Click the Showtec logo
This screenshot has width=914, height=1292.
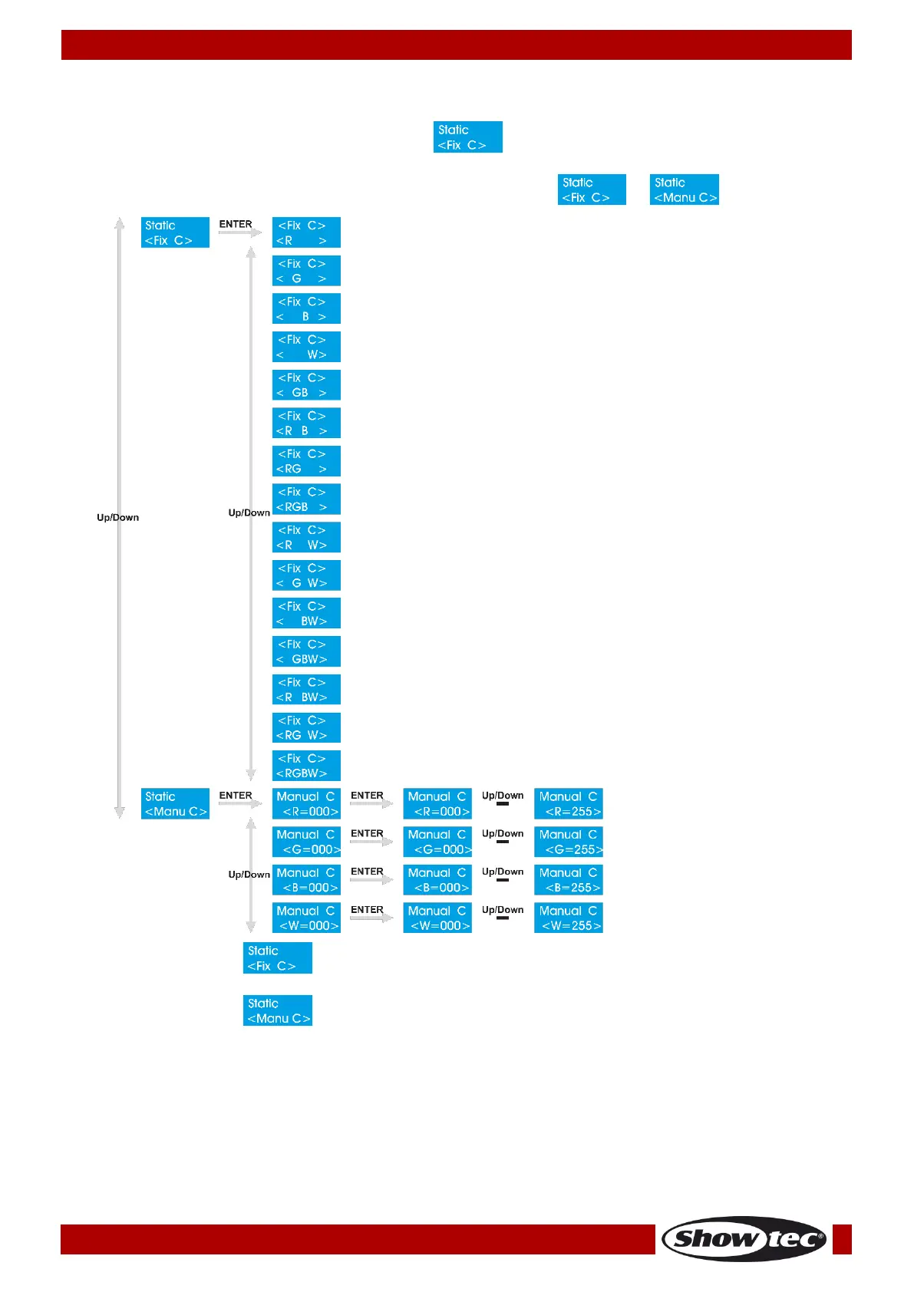(744, 1238)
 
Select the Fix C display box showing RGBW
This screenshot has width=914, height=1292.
(306, 766)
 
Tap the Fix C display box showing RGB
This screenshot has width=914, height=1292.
(306, 499)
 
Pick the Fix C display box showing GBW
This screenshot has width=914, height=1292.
(306, 651)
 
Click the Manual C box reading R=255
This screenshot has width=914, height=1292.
(569, 804)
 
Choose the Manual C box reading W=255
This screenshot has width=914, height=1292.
(569, 918)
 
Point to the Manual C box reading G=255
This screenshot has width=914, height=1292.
(569, 842)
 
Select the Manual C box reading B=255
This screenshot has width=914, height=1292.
(569, 880)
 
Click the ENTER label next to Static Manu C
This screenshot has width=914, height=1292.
(236, 796)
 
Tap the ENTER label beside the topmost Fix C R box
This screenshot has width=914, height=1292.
(236, 224)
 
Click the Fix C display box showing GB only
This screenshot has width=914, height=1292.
(306, 385)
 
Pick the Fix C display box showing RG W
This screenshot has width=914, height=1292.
(306, 727)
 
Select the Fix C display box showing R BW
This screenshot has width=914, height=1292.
(306, 690)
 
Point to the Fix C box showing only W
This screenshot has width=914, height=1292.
(306, 347)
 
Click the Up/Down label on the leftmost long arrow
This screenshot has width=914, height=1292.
(117, 517)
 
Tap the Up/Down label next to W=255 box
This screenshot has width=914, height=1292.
(503, 910)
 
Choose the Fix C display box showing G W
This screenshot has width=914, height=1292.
(306, 575)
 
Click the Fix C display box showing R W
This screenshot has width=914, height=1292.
(306, 537)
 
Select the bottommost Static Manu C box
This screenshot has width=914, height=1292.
(278, 1010)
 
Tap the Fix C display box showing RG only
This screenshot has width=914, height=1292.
(306, 461)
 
